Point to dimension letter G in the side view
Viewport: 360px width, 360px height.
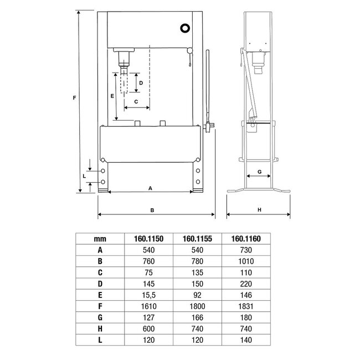pos(260,173)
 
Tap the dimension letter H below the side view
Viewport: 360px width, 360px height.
pos(259,210)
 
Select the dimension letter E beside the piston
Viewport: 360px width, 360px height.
pos(112,96)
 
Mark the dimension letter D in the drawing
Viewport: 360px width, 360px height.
pos(141,83)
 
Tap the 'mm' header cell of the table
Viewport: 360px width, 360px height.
pos(100,239)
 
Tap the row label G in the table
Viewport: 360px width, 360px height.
pos(100,316)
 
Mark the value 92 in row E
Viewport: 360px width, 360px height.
pos(197,294)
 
